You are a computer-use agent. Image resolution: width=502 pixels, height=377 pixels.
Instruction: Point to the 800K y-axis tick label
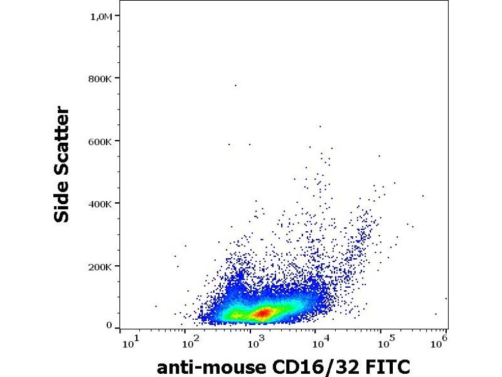pos(100,79)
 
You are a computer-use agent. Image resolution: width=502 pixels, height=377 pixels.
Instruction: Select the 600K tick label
pos(100,141)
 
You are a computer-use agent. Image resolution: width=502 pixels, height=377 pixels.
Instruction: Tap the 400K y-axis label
pos(100,204)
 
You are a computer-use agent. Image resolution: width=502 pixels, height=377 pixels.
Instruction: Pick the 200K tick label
pos(100,266)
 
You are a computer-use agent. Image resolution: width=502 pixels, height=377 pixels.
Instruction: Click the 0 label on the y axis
pos(109,326)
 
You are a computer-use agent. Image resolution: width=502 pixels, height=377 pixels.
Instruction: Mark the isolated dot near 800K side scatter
pos(235,85)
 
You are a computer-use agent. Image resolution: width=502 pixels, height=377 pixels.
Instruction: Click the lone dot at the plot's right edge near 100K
pos(446,298)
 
